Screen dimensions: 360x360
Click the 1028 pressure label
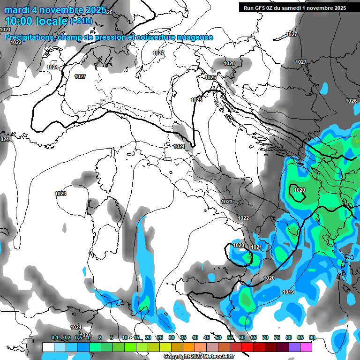click(229, 63)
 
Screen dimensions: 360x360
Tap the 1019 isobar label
click(288, 292)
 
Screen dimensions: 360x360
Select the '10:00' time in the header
click(18, 21)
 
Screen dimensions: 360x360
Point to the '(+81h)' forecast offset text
click(81, 21)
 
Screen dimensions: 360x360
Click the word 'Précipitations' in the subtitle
click(28, 37)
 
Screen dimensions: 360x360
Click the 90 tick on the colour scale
click(312, 338)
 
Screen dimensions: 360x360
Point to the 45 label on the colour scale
click(206, 338)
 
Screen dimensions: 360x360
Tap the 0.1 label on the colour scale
click(55, 338)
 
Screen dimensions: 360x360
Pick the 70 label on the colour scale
click(265, 338)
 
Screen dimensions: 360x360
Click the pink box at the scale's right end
click(306, 347)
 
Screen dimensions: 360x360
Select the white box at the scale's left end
click(48, 347)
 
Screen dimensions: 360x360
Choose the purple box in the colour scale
click(294, 347)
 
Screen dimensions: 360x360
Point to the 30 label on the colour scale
click(171, 338)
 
